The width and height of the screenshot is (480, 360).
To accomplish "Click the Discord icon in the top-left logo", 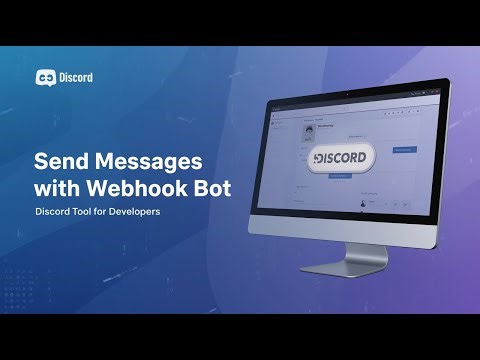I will click(x=46, y=77).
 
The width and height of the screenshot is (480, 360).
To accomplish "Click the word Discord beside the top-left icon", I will click(x=76, y=77).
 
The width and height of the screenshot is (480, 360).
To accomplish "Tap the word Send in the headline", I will click(x=61, y=160).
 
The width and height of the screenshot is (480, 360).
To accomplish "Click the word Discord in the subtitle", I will click(x=56, y=212).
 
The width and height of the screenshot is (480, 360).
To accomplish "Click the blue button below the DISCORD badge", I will click(x=338, y=176).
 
